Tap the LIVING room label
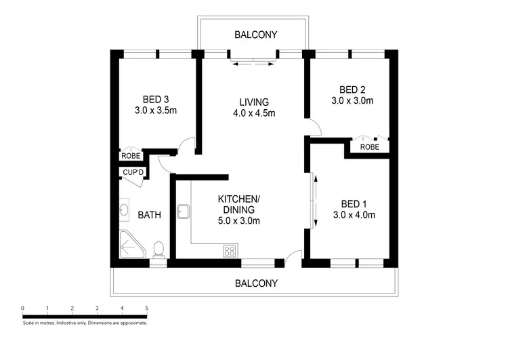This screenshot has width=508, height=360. (x=254, y=102)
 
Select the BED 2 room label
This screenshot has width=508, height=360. (x=352, y=89)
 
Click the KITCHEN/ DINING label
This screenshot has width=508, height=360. (x=238, y=204)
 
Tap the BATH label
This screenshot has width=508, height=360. (x=149, y=216)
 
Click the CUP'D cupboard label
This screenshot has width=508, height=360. (x=133, y=172)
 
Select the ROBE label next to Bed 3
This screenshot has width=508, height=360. (x=131, y=156)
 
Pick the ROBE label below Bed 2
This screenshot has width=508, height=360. (x=369, y=147)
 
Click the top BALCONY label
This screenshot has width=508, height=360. (x=256, y=35)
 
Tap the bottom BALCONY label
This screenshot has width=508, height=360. (x=256, y=283)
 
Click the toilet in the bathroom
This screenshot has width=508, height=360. (x=158, y=249)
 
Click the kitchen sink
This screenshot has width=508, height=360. (x=184, y=212)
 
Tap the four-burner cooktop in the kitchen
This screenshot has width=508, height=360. (x=230, y=251)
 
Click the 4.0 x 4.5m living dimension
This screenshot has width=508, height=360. (x=254, y=113)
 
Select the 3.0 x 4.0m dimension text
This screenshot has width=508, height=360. (x=354, y=216)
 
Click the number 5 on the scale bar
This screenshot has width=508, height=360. (x=147, y=308)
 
